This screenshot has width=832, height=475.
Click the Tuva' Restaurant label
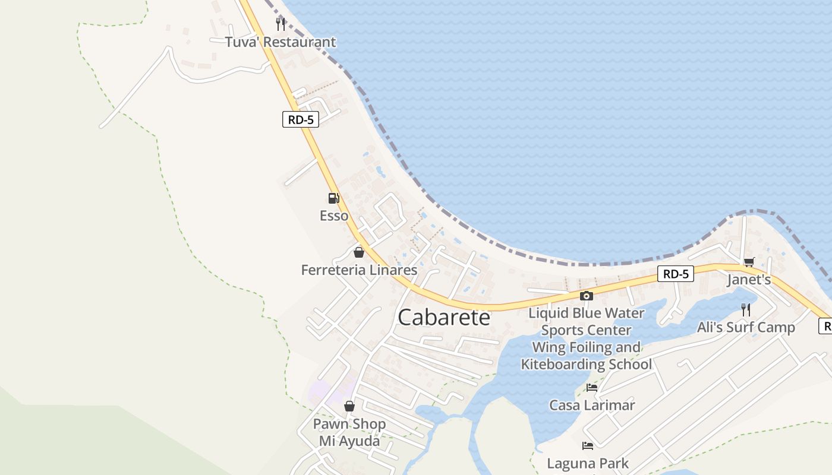pos(280,42)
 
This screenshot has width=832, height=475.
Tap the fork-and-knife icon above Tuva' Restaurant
pos(281,24)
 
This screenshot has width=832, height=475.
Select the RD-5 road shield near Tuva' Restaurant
pos(301,119)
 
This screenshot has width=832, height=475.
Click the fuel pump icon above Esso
pos(334,198)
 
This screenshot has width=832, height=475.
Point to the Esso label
pos(334,216)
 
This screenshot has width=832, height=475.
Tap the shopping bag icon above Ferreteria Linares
pos(359,252)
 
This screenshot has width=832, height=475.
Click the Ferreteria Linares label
pos(359,270)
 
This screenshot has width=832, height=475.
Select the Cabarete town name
pos(444,317)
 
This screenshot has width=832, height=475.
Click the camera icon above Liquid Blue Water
pos(587,296)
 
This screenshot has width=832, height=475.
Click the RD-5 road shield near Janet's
pos(676,274)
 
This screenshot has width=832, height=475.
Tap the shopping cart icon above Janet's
pos(749,262)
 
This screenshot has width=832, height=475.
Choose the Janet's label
pos(749,280)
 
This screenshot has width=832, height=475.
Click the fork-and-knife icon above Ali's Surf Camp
pos(746,309)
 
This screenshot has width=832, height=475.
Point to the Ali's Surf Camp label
pos(746,327)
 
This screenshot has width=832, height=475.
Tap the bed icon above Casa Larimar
pos(592,388)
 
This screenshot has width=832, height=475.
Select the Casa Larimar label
pos(592,406)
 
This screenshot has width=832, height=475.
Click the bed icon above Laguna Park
pos(588,445)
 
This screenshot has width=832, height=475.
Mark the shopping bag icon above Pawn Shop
pos(349,406)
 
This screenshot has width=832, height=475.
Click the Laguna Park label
pos(588,463)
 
